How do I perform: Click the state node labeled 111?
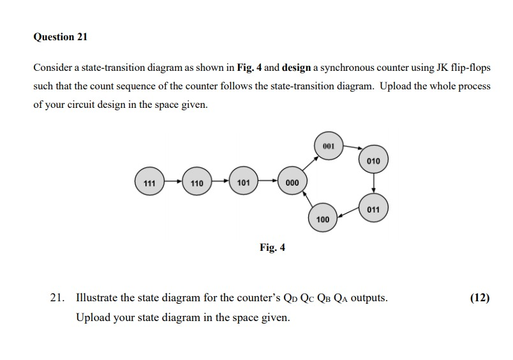[149, 183]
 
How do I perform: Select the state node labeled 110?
[197, 183]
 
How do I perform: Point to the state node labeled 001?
[329, 146]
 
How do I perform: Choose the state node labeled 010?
[373, 160]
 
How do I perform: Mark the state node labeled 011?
[373, 209]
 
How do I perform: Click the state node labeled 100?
[323, 219]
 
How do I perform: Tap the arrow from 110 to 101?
[219, 183]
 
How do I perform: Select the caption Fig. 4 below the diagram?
[272, 247]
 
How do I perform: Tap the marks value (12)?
[479, 297]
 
